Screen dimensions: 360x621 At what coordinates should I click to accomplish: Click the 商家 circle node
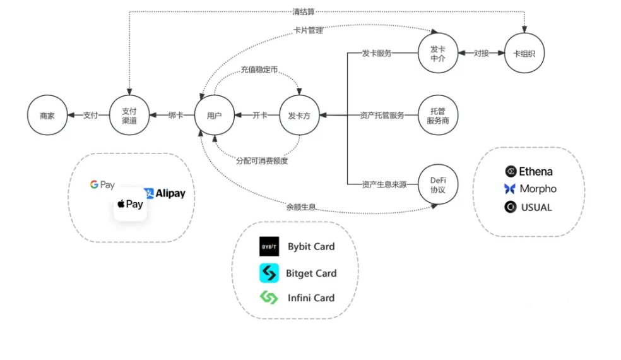pos(47,116)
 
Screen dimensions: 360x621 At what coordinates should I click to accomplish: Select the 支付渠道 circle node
pos(129,116)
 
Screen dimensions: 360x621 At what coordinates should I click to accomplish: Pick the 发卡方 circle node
pos(299,116)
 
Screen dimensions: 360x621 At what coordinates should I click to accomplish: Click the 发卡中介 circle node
pos(438,53)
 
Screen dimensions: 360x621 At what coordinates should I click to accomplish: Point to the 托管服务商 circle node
pos(438,116)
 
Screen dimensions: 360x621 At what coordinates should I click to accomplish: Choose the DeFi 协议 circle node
pos(438,184)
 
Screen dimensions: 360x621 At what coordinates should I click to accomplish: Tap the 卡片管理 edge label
pos(309,30)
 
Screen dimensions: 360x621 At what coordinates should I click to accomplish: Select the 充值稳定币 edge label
pos(259,69)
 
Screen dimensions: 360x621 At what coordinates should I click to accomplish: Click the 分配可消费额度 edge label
pos(262,160)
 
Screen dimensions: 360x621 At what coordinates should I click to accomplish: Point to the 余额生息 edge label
pos(300,207)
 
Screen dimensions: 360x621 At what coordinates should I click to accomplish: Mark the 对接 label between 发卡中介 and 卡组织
pos(482,53)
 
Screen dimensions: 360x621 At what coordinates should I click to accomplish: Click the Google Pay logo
pos(102,185)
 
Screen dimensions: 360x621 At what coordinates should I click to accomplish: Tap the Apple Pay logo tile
pos(130,204)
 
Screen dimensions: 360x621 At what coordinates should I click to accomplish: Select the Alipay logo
pos(165,193)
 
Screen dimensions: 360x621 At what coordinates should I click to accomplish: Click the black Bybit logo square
pos(269,246)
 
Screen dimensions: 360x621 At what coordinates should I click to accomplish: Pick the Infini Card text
pos(311,297)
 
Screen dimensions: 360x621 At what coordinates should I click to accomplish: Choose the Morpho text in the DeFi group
pos(538,188)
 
